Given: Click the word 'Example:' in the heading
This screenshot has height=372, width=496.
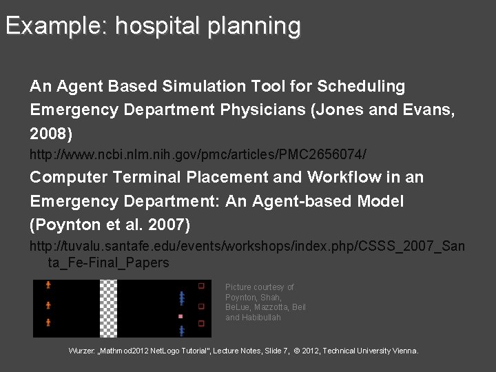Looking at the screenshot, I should click(56, 26).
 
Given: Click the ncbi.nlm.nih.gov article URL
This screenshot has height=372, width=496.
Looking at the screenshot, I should click(198, 152).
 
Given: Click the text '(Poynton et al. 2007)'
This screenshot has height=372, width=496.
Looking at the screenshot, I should click(110, 225).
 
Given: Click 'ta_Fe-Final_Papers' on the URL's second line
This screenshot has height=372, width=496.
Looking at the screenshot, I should click(108, 263).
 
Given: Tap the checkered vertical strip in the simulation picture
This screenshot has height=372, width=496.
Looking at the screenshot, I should click(108, 308).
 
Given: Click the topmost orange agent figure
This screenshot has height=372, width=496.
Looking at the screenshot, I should click(48, 285).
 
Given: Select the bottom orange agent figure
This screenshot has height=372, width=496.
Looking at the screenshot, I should click(48, 322).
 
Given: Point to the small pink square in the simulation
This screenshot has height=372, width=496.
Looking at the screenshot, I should click(180, 316).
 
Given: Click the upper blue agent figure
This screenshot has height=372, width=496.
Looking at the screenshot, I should click(181, 298).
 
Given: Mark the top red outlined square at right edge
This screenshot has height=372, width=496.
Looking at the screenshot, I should click(201, 285).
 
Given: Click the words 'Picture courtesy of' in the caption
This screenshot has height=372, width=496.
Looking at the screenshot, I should click(259, 287).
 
